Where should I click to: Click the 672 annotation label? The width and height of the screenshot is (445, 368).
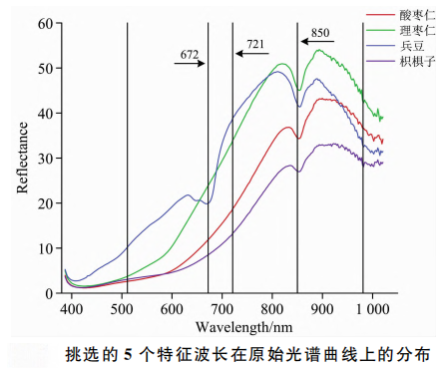[189, 51]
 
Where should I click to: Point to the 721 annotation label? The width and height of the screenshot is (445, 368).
[255, 45]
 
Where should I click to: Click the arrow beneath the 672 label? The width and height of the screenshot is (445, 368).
[189, 63]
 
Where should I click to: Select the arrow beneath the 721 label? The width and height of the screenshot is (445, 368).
[249, 56]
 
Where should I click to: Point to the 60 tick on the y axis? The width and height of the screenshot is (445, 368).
[43, 21]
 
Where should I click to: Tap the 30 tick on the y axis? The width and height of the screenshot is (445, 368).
[43, 158]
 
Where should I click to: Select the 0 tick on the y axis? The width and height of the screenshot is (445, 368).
[47, 293]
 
